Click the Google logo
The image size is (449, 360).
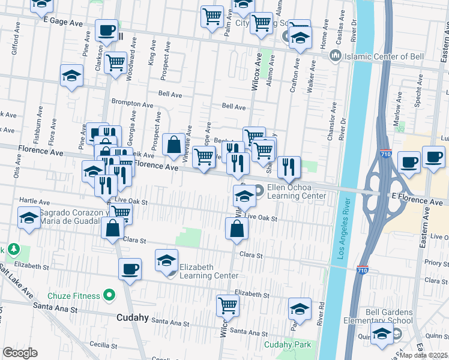(x=20, y=352)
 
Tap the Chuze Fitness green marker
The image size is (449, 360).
(x=109, y=295)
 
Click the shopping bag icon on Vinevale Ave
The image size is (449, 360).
(x=173, y=145)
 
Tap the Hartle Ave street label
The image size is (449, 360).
(x=34, y=200)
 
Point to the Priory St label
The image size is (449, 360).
(x=432, y=262)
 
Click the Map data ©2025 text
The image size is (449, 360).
(x=424, y=355)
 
